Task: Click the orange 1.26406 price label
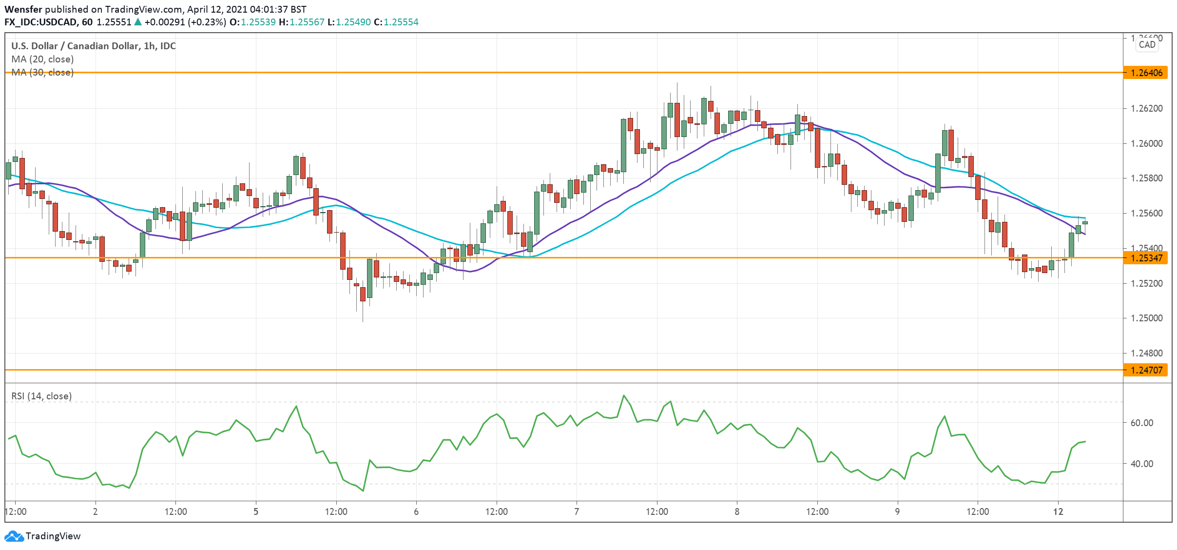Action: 1146,73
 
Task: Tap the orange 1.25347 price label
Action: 1146,258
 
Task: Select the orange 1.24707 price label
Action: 1146,370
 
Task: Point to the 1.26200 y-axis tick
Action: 1146,108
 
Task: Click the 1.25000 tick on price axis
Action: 1146,318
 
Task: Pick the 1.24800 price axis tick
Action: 1146,353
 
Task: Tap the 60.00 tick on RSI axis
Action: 1141,423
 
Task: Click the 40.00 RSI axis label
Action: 1141,464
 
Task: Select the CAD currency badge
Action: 1147,44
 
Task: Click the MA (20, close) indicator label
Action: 42,59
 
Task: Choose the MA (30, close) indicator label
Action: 42,72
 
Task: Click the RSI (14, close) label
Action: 41,396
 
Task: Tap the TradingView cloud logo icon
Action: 14,536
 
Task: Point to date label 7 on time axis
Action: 577,511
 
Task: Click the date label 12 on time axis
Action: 1058,511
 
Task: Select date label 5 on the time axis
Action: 256,511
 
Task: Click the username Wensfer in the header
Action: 23,9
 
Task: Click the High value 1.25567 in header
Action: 307,22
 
